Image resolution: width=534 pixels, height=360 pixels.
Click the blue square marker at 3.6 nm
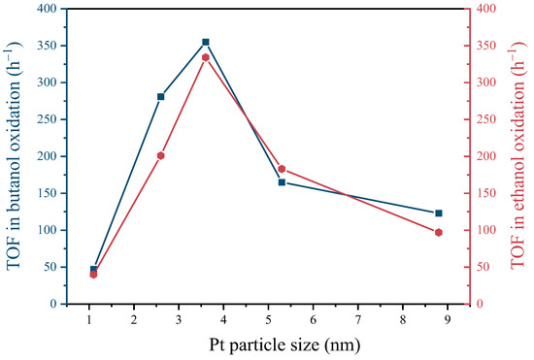coord(206,43)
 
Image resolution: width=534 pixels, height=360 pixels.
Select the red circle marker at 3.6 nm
coord(206,58)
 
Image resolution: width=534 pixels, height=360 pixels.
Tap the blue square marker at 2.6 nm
coord(161,97)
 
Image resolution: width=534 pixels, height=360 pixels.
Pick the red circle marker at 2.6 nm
coord(161,155)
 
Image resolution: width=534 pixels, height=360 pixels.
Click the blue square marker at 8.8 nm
coord(439,213)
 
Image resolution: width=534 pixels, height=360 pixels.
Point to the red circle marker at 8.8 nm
coord(439,233)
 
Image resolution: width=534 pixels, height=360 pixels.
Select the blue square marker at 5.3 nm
coord(282,182)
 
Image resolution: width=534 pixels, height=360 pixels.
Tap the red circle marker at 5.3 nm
coord(282,169)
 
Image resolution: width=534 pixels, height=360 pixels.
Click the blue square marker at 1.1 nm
coord(94,270)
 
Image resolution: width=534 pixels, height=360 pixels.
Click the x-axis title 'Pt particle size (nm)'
coord(267,344)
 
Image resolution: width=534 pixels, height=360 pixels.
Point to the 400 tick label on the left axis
coord(46,9)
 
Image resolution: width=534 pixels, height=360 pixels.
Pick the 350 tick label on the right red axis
coord(489,46)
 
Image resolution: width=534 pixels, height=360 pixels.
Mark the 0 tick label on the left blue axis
coord(52,304)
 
